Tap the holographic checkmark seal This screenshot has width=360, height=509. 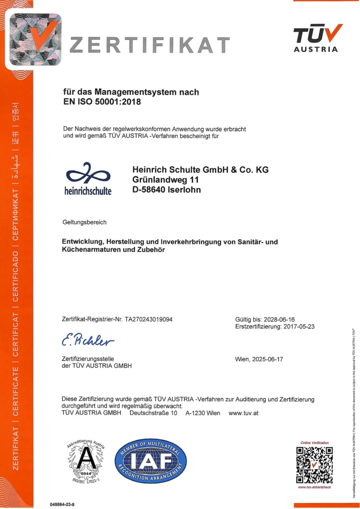[33, 40]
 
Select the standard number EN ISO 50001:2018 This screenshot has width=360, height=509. [102, 102]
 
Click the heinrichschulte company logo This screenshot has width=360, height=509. [89, 178]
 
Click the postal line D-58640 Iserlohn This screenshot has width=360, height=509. [167, 189]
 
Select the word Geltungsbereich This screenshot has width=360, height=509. [85, 222]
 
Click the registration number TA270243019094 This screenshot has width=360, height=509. [149, 319]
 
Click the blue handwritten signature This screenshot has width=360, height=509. [88, 340]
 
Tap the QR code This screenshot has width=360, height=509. [314, 465]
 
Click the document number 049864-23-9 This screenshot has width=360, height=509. [62, 505]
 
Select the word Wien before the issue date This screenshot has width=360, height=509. [243, 359]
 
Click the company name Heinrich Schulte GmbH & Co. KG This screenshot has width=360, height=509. [200, 169]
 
